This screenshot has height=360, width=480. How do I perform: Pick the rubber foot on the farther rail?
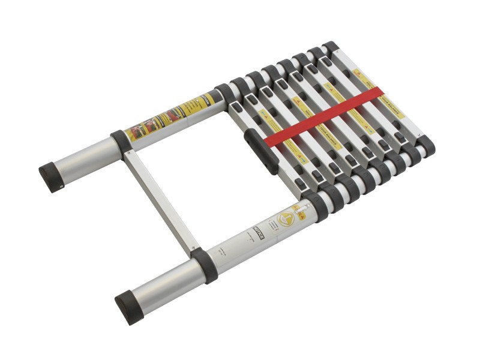52,178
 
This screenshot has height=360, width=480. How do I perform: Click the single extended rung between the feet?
159,200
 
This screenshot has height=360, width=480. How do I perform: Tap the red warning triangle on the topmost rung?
358,73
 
